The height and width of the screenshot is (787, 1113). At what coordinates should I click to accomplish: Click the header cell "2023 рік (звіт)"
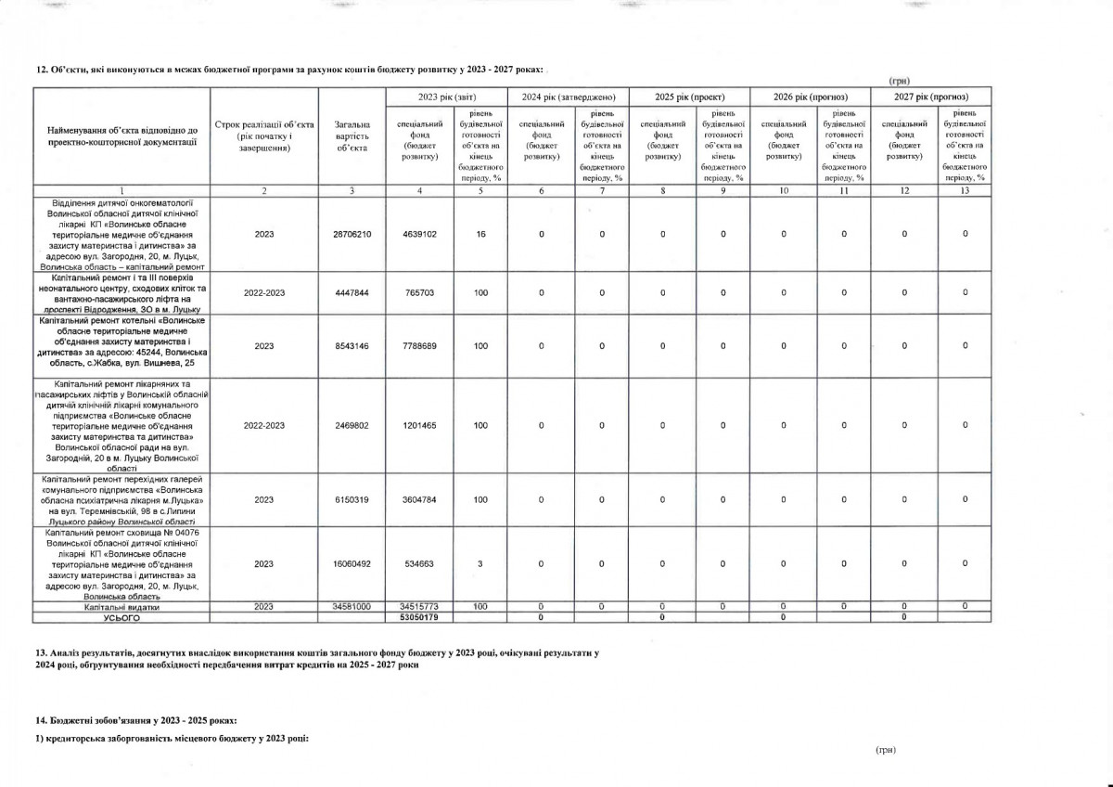coord(447,97)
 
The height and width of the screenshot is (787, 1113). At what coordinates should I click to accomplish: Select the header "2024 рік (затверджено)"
coord(569,97)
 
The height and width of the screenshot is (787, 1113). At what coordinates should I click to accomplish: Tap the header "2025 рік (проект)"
coord(689,97)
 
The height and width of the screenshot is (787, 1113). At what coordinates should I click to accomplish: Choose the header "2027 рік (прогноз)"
coord(931,97)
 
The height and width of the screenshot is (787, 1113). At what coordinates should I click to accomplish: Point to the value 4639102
coord(420,234)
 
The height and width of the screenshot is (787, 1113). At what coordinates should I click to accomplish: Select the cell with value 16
coord(480,234)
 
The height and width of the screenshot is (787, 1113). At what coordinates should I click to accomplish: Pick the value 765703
coord(420,293)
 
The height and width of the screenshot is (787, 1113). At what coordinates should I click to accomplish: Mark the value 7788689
coord(420,346)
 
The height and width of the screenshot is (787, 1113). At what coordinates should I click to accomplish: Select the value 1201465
coord(420,425)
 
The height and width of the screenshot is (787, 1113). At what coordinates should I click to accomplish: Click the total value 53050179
coord(420,616)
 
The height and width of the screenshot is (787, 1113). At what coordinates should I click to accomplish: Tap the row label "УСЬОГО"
coord(122,616)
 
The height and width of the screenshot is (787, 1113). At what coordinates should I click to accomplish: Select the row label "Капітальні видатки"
coord(122,607)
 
